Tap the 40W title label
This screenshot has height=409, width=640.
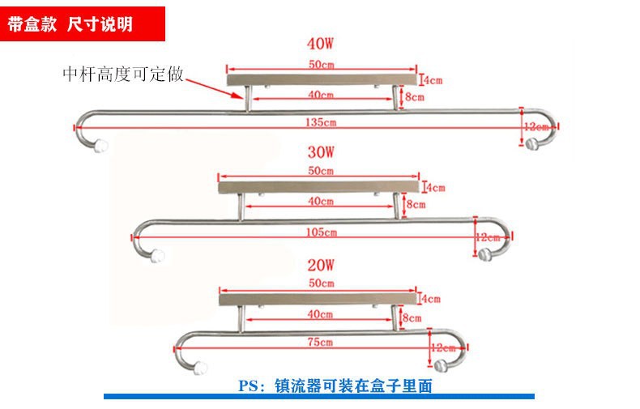coord(322,44)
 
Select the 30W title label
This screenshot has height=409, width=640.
coord(321,151)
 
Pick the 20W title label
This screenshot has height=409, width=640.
coord(321,265)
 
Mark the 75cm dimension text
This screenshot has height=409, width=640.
coord(321,343)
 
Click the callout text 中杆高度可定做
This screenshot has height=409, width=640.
coord(124,75)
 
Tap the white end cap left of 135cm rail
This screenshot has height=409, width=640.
coord(102,147)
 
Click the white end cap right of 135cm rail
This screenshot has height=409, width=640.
coord(532,145)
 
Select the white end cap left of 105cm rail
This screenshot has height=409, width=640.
coord(159,256)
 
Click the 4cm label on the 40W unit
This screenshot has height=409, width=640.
coord(433,80)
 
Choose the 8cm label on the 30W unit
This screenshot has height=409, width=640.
coord(416,204)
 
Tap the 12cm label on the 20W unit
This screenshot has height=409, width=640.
coord(446,347)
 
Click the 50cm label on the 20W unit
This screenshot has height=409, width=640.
coord(321,283)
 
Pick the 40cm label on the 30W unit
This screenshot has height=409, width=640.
coord(321,201)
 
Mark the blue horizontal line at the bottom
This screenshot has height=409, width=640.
coord(319,397)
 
